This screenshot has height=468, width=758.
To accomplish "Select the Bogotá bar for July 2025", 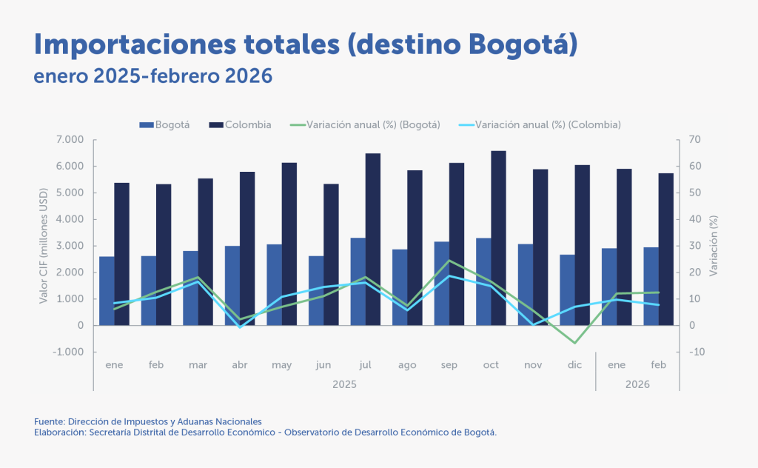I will point(358,281).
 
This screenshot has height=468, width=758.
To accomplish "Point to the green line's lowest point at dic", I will point(574,343).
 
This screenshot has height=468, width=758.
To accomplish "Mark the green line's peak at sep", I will point(449,260).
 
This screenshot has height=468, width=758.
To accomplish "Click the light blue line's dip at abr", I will point(240,327).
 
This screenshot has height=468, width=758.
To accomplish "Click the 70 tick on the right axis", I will point(694,139).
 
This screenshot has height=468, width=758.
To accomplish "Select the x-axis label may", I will point(281,365).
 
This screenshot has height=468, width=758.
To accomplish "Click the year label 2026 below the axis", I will point(637,384).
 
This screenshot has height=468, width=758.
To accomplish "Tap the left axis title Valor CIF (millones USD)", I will point(44,245).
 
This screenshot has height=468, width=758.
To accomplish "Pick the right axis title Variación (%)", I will point(714,246).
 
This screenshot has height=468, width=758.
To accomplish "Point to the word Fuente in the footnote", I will point(49,421).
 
